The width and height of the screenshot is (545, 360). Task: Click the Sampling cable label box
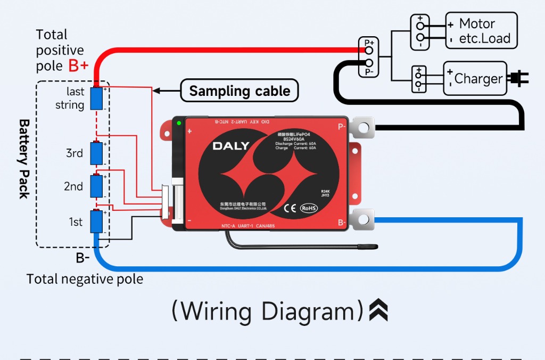tap(240, 91)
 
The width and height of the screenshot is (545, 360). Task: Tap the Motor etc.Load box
tap(481, 31)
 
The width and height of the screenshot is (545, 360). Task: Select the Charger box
tap(475, 79)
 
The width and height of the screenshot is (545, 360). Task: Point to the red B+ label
tap(79, 66)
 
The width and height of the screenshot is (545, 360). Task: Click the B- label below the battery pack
tap(82, 258)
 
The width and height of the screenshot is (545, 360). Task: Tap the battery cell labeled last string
tap(96, 99)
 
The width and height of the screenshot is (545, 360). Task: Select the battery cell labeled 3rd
tap(96, 153)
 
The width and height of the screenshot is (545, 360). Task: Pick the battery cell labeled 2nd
tap(96, 186)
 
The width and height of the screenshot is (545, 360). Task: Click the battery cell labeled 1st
tap(96, 222)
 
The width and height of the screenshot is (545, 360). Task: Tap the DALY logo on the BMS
tap(232, 146)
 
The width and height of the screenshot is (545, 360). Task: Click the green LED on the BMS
tap(179, 124)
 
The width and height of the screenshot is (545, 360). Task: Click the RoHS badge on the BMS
tap(309, 208)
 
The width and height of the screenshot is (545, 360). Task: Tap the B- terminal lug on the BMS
tap(363, 219)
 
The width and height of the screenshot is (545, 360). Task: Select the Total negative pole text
tap(85, 279)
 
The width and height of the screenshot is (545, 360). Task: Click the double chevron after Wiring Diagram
tap(378, 310)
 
